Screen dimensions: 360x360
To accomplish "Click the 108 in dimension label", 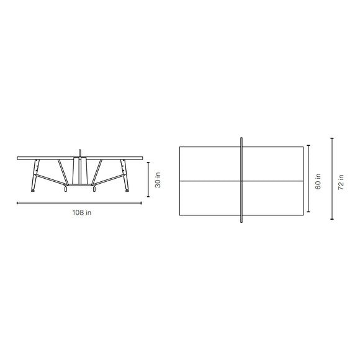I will click(81, 212).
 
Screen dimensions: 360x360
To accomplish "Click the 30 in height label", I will click(158, 180).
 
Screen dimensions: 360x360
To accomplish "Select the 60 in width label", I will click(318, 181).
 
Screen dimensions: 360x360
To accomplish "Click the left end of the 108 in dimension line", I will click(17, 203).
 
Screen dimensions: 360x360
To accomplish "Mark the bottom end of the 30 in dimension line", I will click(148, 197).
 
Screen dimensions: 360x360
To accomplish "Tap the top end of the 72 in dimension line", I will click(332, 138).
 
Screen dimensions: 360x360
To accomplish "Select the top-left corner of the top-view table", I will click(179, 146).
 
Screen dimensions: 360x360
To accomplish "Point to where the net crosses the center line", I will click(241, 181).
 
